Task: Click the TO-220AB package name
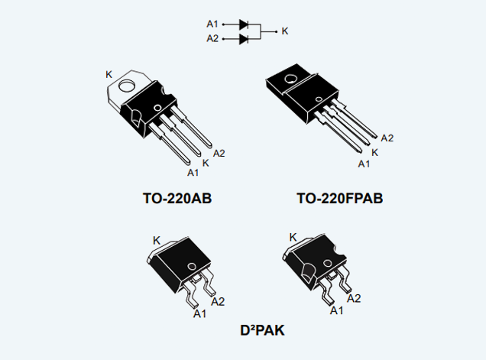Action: point(177,199)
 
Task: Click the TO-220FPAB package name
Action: point(339,199)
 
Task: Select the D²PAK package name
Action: point(262,331)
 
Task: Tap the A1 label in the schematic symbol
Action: point(212,24)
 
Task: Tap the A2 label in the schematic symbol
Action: point(212,38)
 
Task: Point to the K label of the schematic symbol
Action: point(285,31)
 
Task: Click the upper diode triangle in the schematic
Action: point(244,24)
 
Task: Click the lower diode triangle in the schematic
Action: point(244,38)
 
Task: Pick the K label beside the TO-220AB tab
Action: point(109,74)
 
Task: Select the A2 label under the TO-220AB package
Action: point(219,153)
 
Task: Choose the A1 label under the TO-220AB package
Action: point(193,173)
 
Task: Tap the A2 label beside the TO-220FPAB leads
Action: point(387,138)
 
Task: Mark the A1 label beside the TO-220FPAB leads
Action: point(364,163)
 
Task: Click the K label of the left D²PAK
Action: point(156,240)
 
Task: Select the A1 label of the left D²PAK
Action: point(199,313)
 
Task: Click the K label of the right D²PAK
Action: point(293,237)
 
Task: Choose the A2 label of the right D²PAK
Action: point(355,299)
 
